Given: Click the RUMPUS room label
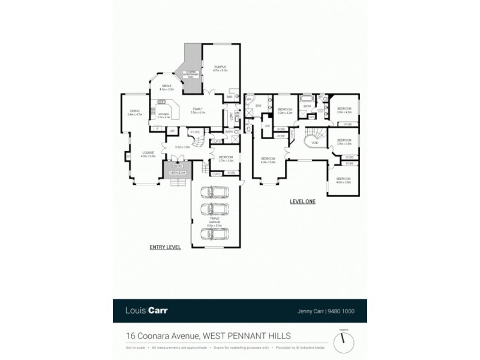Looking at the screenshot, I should pos(220,67).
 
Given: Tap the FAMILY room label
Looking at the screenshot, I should pos(198,109).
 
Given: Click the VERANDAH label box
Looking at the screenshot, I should pos(177,173).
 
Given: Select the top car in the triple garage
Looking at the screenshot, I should pos(215,193).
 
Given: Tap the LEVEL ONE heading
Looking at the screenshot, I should pos(302,202).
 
